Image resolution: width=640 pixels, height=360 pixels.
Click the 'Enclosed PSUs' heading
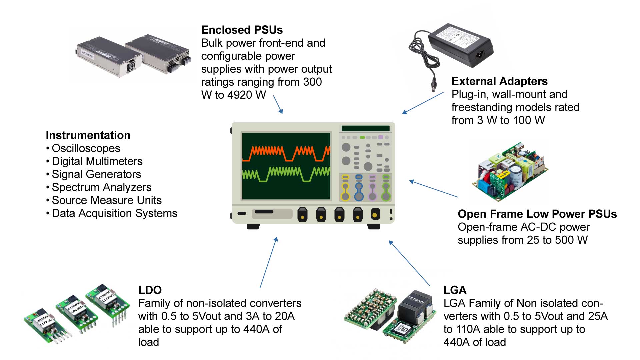pos(242,30)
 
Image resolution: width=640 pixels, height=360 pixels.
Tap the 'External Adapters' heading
pos(499,81)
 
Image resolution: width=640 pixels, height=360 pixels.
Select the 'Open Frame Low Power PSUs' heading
pos(537,214)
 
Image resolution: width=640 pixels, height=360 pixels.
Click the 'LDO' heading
pos(150,290)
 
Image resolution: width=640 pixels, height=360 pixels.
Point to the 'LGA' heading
pos(455,290)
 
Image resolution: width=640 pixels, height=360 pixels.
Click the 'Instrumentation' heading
pos(88,135)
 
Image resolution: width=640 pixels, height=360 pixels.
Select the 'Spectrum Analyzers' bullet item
pos(101,187)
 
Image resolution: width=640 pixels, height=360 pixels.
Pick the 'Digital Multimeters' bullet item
pos(97,161)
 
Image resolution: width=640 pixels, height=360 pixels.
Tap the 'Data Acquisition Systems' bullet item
pos(114,213)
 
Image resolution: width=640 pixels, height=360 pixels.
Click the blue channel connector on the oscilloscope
pos(359,189)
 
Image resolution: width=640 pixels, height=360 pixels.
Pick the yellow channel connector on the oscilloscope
pos(345,189)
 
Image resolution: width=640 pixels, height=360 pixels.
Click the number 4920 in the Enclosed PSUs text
pos(239,95)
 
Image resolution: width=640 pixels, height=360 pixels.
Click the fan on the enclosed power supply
pos(131,65)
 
